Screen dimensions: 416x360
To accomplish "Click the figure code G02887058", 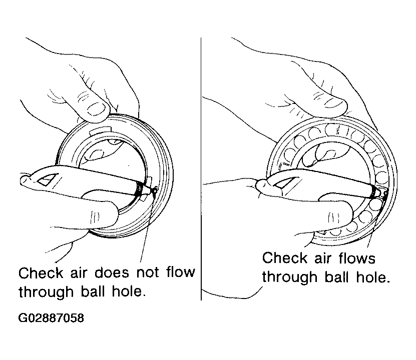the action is (x=51, y=318).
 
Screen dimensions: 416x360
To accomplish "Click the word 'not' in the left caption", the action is (x=148, y=272).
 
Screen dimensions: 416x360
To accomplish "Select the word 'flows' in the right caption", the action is (x=357, y=258).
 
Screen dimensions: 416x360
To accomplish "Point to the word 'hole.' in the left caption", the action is (x=129, y=291).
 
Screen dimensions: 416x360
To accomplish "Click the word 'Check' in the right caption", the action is (x=285, y=257).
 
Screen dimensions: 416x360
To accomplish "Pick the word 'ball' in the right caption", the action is (x=336, y=277).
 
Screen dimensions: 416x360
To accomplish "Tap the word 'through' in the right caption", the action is (x=290, y=277).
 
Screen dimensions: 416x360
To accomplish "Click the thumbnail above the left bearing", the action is (x=96, y=109).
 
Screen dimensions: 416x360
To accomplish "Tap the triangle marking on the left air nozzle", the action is (x=48, y=180).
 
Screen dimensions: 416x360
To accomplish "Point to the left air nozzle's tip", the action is (x=155, y=189).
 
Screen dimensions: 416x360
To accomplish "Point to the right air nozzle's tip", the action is (x=385, y=193).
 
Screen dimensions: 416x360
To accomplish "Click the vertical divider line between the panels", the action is (x=201, y=168).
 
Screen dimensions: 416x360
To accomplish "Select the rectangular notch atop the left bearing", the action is (x=100, y=130).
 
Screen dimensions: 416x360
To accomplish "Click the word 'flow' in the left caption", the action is (x=181, y=272).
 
